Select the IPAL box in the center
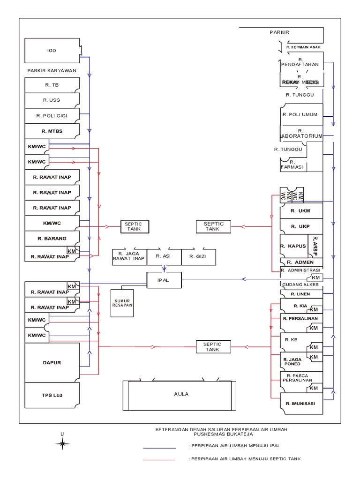[164, 280]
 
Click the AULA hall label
[180, 394]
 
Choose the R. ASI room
[164, 256]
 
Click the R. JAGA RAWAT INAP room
[128, 256]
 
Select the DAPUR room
[52, 362]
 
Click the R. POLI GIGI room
[52, 115]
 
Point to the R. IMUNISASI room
[300, 404]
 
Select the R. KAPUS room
[293, 246]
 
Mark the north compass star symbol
[62, 443]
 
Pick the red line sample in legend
[159, 460]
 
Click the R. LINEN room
[300, 294]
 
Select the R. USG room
[52, 100]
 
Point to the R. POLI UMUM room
[300, 114]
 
